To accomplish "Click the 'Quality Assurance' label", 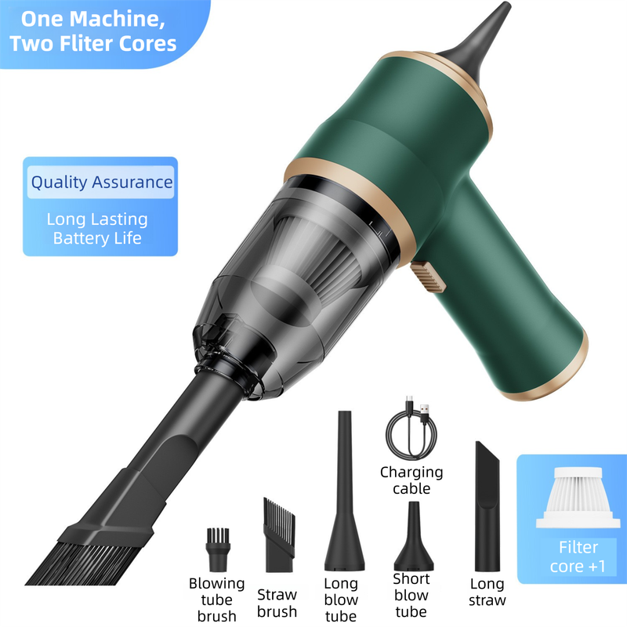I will click(101, 183).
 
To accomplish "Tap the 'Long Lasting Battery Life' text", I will click(97, 228).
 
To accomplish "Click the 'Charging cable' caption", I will click(411, 480).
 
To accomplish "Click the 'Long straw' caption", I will click(487, 592).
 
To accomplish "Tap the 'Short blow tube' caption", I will click(411, 595).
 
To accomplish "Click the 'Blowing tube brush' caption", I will click(216, 600).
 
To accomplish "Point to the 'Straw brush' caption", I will click(277, 603).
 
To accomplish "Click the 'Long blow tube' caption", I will click(341, 600).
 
